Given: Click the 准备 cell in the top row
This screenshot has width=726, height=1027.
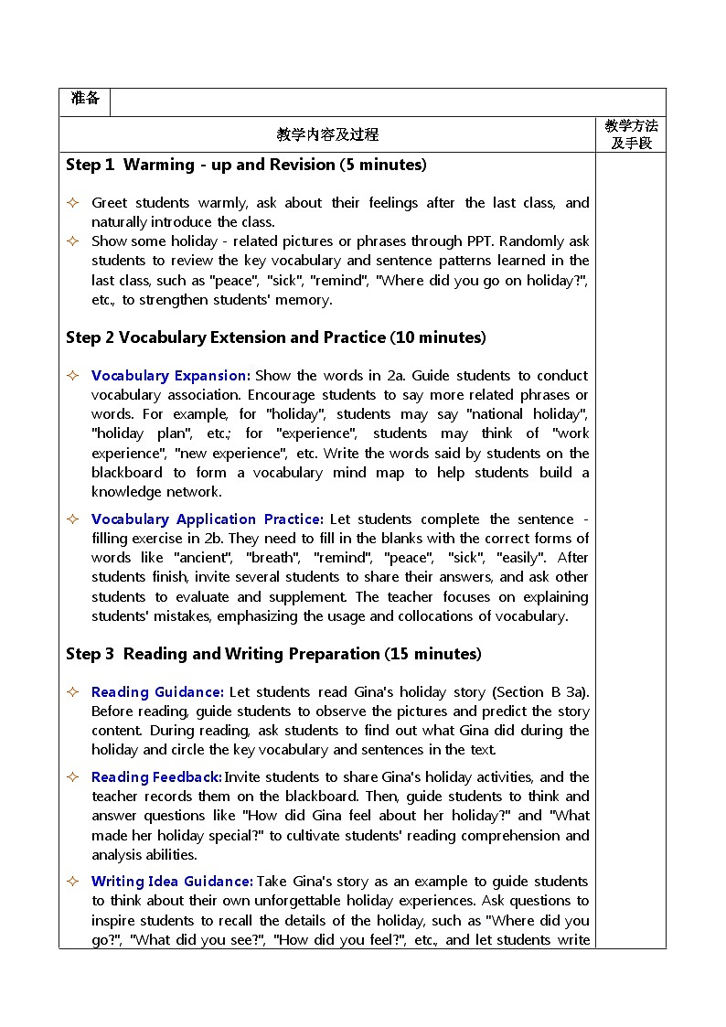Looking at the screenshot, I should (84, 99).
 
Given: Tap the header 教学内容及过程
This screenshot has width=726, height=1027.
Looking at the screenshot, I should (326, 134).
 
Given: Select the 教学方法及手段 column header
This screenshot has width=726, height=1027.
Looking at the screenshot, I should (631, 134).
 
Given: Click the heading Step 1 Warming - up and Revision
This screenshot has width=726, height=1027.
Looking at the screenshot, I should (246, 166).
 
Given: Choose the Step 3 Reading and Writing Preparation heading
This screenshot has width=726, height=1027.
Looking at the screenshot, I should (273, 654).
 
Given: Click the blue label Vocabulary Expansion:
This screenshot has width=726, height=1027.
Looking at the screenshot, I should (171, 376).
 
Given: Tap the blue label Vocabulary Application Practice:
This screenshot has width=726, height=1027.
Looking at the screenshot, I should (208, 519).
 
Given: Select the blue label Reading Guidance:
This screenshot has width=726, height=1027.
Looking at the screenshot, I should (157, 692).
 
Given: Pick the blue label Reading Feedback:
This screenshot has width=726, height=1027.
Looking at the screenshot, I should (156, 777).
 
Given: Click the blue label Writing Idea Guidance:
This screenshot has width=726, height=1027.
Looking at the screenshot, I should (172, 882).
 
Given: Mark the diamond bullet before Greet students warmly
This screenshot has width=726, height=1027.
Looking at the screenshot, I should (73, 203).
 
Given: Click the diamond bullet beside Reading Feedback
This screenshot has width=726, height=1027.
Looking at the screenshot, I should (73, 777).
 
